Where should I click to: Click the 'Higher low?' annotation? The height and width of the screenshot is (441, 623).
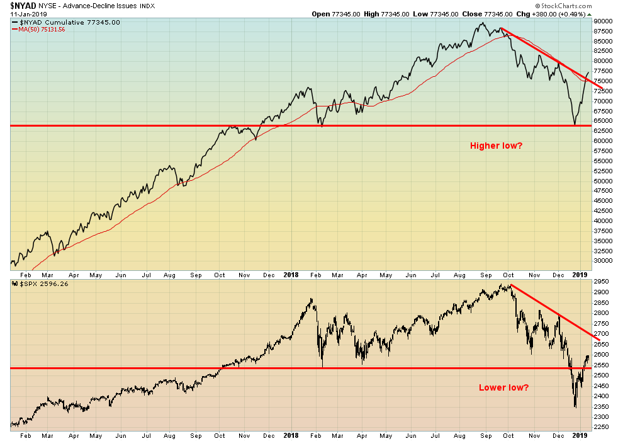[496, 146]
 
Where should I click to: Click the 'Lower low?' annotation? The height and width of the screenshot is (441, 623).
[503, 387]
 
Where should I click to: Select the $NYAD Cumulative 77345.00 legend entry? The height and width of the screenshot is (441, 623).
[65, 22]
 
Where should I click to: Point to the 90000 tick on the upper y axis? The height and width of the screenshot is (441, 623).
[603, 21]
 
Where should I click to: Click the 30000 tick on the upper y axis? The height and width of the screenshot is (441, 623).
[603, 261]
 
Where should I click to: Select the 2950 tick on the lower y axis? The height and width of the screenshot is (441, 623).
[601, 282]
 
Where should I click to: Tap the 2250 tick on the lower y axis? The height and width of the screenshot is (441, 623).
[601, 427]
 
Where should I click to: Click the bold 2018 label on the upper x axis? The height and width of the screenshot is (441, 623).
[291, 275]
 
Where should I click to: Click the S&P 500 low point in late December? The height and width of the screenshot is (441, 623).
[575, 407]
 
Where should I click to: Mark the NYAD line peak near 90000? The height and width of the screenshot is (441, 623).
[481, 23]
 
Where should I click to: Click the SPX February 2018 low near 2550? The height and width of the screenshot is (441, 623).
[322, 366]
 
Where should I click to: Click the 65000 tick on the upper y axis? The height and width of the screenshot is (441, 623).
[603, 121]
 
